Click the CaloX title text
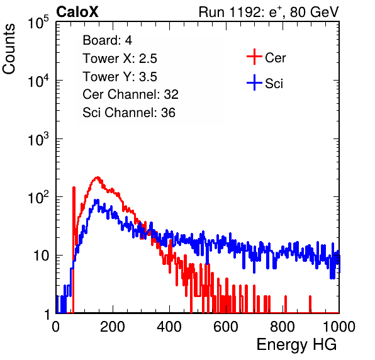[x=77, y=12]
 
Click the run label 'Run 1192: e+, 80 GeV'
[x=269, y=12]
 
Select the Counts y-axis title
[x=9, y=49]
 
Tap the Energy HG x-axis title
[x=296, y=344]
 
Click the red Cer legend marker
[x=254, y=57]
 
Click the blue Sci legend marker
[x=254, y=82]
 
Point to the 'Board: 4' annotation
[x=107, y=40]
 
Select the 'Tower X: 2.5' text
[x=120, y=59]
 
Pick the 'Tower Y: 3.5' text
[x=120, y=77]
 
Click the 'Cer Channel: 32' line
[x=131, y=94]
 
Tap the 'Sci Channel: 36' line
[x=129, y=113]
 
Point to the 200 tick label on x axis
[x=113, y=327]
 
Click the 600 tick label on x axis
[x=226, y=327]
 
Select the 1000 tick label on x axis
[x=339, y=327]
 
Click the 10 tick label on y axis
[x=42, y=256]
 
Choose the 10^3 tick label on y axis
[x=39, y=138]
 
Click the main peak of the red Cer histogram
[x=98, y=177]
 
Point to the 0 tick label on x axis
[x=55, y=327]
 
